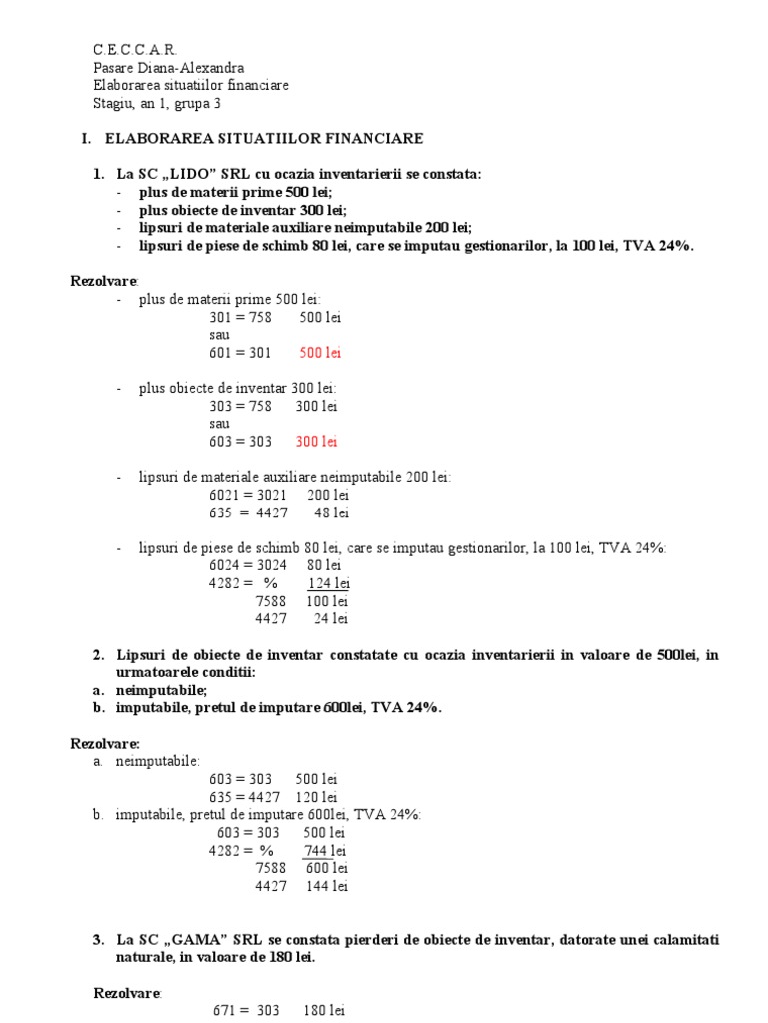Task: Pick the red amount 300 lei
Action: click(316, 442)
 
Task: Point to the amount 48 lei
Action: click(331, 512)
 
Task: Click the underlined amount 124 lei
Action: click(328, 583)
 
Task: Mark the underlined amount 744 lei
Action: click(325, 850)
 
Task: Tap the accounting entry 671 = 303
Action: click(247, 1010)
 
